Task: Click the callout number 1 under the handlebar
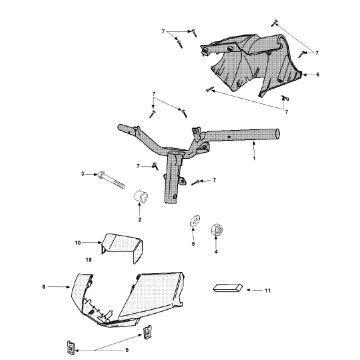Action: [x=254, y=158]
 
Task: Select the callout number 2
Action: [x=140, y=220]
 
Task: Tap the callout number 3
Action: [x=83, y=174]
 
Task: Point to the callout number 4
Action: [x=216, y=252]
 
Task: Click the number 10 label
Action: [x=78, y=243]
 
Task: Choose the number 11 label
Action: [x=268, y=291]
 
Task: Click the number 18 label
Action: [x=88, y=259]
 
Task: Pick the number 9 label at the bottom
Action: [x=127, y=350]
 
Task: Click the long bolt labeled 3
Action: [x=111, y=180]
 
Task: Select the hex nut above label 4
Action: [x=217, y=230]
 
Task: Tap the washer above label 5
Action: [x=195, y=220]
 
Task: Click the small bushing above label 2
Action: [x=141, y=197]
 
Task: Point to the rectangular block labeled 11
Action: [x=228, y=288]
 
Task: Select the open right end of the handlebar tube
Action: [x=276, y=134]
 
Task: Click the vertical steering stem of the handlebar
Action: [x=173, y=177]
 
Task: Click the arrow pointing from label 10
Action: [x=92, y=243]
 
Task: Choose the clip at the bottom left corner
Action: [x=71, y=348]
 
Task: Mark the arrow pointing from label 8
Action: [x=59, y=286]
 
